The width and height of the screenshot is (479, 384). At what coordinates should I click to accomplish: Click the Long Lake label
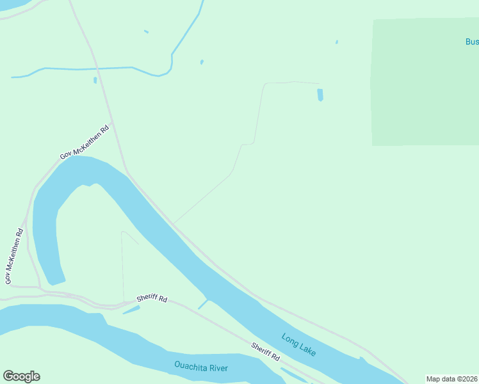point(298,344)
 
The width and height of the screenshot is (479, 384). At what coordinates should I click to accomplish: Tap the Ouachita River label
point(201,367)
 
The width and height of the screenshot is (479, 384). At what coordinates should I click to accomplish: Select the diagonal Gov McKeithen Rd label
point(85,143)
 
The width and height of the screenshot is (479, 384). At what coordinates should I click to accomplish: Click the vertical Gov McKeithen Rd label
point(14,257)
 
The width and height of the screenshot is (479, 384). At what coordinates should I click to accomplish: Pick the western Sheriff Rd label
point(152,299)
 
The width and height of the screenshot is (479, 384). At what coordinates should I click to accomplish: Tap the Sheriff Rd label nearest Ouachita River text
point(265,351)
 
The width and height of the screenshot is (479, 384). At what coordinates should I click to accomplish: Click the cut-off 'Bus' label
point(471,42)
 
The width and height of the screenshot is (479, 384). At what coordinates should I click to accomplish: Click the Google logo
point(21,376)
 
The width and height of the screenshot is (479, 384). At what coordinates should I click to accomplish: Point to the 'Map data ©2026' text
point(451,379)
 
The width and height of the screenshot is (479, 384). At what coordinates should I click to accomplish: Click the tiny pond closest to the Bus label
point(337,42)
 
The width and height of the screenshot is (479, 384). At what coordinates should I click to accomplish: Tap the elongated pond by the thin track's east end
point(320,95)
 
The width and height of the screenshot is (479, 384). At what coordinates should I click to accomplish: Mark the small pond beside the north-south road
point(95,80)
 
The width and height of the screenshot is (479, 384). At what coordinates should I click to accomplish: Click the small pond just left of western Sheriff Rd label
point(131,310)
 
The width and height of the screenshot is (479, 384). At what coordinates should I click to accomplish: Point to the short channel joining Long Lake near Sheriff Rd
point(203,303)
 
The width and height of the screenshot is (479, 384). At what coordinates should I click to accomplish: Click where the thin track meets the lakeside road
point(174,223)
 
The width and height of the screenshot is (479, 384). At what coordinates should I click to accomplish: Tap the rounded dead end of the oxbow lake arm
point(56,280)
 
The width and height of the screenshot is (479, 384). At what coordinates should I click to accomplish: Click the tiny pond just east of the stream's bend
point(202,62)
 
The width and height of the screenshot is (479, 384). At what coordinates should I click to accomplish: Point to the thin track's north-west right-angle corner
point(265,83)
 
